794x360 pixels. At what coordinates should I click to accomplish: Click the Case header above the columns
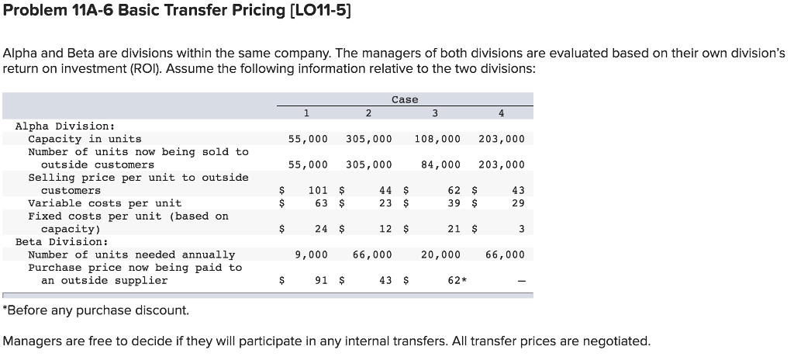pyautogui.click(x=405, y=99)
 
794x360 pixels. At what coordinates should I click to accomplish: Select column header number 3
pyautogui.click(x=435, y=113)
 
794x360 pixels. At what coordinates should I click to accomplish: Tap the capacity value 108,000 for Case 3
pyautogui.click(x=437, y=139)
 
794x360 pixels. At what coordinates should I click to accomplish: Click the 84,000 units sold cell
pyautogui.click(x=440, y=164)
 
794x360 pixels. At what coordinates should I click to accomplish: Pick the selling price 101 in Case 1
pyautogui.click(x=317, y=190)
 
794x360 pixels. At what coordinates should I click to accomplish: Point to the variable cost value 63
pyautogui.click(x=320, y=203)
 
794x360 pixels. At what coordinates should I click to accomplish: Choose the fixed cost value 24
pyautogui.click(x=320, y=229)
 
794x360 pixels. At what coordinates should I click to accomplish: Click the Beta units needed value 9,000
pyautogui.click(x=311, y=254)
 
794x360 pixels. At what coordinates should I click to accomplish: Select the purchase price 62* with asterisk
pyautogui.click(x=457, y=280)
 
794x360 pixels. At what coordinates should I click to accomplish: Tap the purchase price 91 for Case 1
pyautogui.click(x=320, y=280)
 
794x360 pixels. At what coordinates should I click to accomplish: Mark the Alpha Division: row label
pyautogui.click(x=65, y=126)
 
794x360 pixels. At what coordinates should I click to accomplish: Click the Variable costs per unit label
pyautogui.click(x=105, y=203)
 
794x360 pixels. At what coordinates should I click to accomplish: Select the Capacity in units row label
pyautogui.click(x=85, y=139)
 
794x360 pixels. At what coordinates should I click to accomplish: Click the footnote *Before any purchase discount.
pyautogui.click(x=96, y=310)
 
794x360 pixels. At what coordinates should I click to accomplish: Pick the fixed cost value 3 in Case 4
pyautogui.click(x=522, y=229)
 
